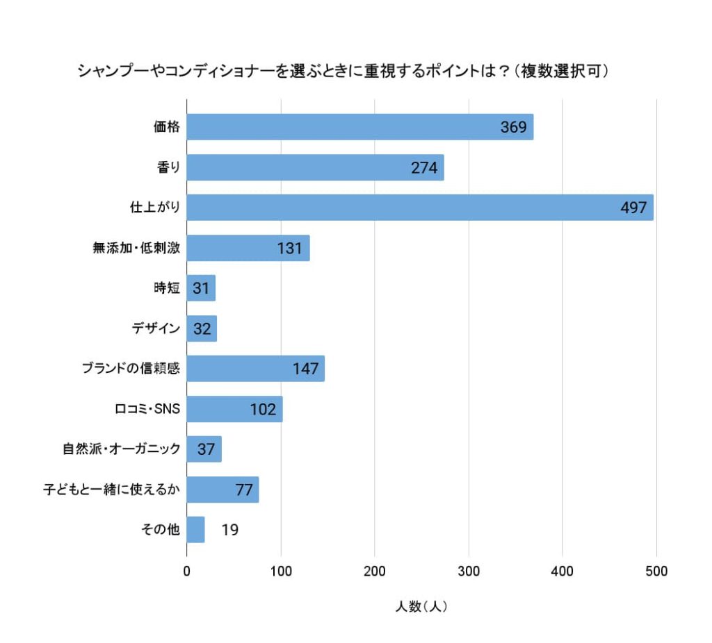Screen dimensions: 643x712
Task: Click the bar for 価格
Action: [x=359, y=127]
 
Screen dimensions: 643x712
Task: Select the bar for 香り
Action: [x=315, y=167]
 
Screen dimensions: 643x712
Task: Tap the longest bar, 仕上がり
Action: [x=420, y=208]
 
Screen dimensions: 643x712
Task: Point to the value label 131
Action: [x=289, y=248]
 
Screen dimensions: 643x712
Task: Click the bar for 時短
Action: [x=201, y=288]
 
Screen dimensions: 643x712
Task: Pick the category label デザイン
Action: [x=156, y=328]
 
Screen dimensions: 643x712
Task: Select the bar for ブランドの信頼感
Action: [x=255, y=369]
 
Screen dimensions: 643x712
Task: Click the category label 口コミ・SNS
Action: [x=147, y=409]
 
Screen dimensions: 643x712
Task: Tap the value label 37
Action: [x=206, y=449]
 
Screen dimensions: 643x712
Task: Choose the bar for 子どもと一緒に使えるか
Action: [x=222, y=490]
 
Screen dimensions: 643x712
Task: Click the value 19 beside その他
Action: [x=230, y=530]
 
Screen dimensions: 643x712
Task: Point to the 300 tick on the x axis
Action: [x=469, y=572]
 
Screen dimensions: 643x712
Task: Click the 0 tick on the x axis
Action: [x=187, y=572]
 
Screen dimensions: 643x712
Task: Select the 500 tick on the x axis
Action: [x=656, y=572]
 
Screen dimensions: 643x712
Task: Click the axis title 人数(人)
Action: [x=421, y=607]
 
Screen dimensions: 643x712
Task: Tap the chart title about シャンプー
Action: [x=343, y=71]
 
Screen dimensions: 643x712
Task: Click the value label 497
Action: [x=634, y=208]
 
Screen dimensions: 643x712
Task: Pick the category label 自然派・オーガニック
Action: [x=122, y=449]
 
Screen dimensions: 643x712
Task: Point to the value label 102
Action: [x=263, y=409]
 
